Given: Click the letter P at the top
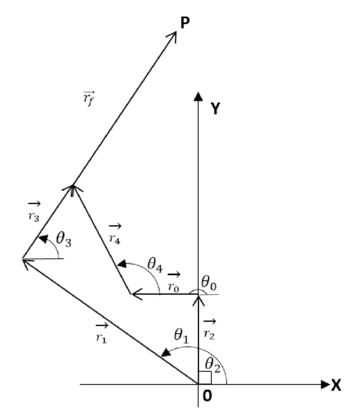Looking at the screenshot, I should [x=185, y=21].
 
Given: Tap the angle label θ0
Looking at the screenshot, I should [x=209, y=284].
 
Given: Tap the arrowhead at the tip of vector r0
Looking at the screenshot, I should [x=135, y=294].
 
